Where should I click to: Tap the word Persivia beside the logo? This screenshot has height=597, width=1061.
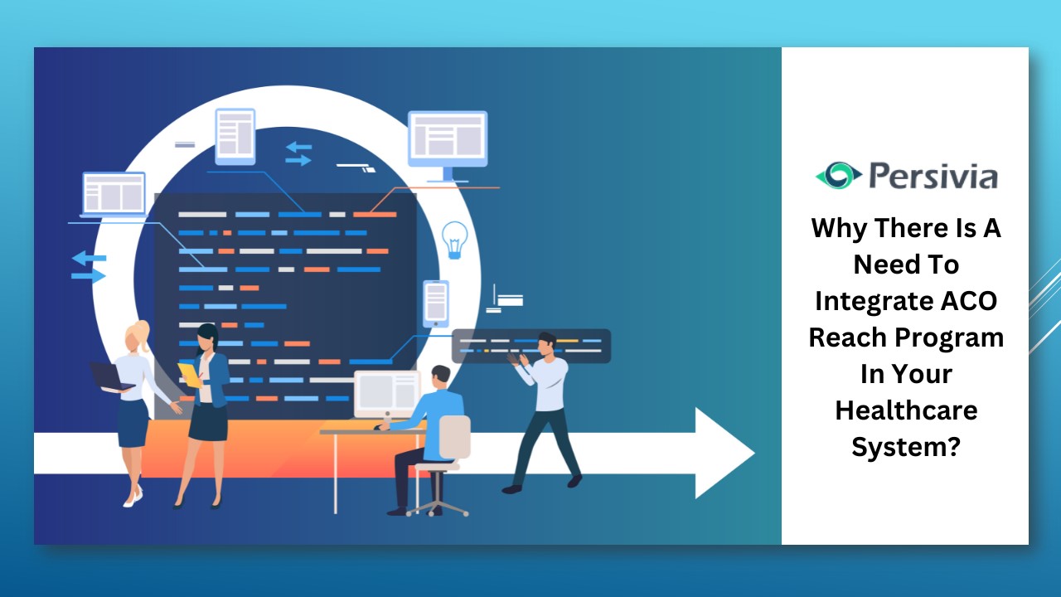pos(933,176)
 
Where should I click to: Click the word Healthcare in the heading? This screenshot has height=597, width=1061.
pos(906,410)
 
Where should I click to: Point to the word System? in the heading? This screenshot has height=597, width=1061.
pos(906,446)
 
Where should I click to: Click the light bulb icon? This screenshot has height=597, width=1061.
pos(454,239)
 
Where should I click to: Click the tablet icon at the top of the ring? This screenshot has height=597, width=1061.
pos(235,136)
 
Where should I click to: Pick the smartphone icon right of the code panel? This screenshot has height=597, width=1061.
pos(435,302)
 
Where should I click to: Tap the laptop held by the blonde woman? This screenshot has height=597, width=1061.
pos(111,377)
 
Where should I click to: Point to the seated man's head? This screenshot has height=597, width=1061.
pos(441,376)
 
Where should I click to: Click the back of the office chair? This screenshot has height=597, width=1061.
pos(454,436)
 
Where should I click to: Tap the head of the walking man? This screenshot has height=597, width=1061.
pos(545,342)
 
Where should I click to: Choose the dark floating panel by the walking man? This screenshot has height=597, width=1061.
pos(531,346)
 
